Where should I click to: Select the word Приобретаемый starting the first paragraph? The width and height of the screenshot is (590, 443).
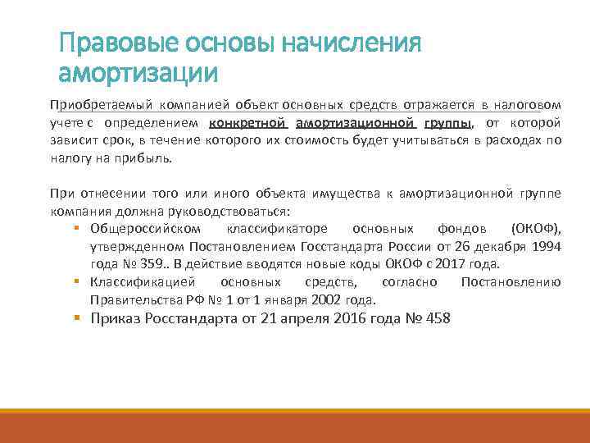point(92,106)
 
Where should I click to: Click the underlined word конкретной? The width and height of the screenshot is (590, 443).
point(247,122)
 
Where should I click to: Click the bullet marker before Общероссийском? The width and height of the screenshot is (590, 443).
point(75,228)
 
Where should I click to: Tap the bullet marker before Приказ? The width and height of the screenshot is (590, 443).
point(75,319)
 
